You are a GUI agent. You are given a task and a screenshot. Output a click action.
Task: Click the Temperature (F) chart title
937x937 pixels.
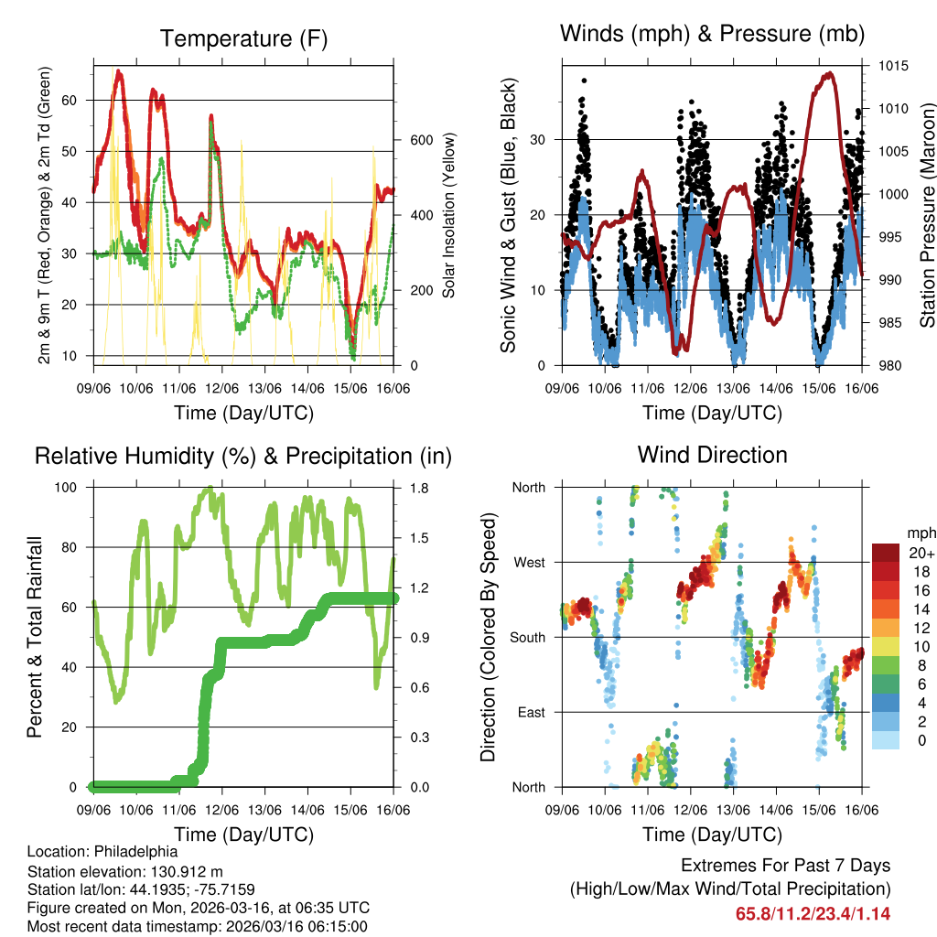tap(243, 39)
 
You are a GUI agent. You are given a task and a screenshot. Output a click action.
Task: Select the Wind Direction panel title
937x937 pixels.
tap(712, 455)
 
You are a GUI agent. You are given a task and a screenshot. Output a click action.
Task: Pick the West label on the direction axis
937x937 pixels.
tap(528, 562)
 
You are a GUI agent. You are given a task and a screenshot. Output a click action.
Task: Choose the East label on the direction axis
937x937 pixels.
tap(530, 712)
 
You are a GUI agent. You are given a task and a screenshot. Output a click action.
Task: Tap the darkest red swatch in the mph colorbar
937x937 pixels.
tap(886, 554)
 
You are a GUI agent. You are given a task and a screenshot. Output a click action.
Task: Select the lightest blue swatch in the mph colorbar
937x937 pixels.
tap(886, 740)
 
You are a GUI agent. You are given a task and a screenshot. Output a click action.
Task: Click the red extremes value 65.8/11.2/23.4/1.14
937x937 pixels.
tap(813, 913)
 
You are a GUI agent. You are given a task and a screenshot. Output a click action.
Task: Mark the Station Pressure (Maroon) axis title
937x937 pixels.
tap(927, 213)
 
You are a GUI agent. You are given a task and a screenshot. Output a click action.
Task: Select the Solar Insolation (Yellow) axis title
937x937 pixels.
tap(449, 215)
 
